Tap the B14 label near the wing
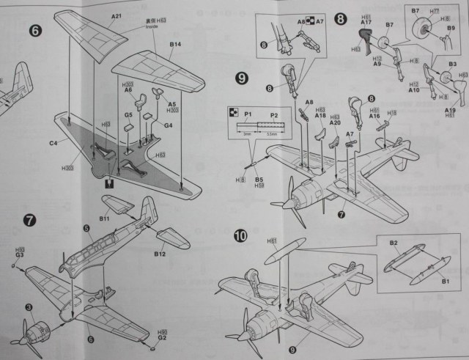(x=175, y=45)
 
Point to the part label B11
(x=104, y=218)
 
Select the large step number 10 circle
(x=241, y=236)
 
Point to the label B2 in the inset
(x=394, y=243)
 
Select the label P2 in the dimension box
(x=274, y=116)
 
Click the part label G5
(x=128, y=114)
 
